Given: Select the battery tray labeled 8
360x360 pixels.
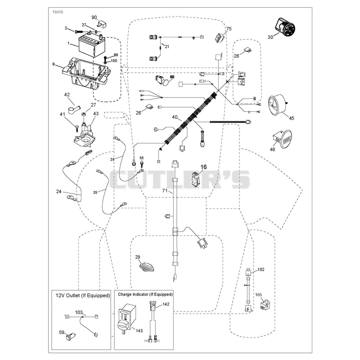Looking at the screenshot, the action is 85,73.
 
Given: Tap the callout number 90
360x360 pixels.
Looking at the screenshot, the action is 94,18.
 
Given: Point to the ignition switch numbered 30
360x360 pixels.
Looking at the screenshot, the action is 285,27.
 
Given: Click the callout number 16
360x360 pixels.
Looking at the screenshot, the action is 204,167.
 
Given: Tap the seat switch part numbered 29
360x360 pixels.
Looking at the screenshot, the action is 147,267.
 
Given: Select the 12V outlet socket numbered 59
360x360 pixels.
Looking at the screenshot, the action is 71,337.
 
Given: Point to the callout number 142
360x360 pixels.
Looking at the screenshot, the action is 166,304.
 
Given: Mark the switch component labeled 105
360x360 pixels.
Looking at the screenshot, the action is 265,305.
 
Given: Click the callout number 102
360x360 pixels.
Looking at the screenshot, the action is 261,269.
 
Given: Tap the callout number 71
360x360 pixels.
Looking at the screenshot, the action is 165,190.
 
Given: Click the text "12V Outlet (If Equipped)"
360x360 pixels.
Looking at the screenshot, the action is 83,296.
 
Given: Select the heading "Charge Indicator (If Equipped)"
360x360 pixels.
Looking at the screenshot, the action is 145,294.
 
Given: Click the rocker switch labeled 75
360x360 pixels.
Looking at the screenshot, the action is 219,37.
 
